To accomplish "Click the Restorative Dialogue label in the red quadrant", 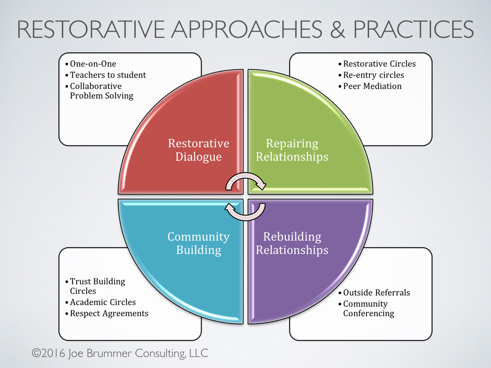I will click(199, 150).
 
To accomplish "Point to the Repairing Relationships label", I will click(292, 150).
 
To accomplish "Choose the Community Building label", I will click(199, 243).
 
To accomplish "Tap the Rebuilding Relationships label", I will click(292, 243).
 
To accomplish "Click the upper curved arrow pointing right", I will click(246, 181).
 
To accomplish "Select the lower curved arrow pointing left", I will click(245, 211).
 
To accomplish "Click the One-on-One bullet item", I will click(93, 64).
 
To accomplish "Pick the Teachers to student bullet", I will click(108, 75).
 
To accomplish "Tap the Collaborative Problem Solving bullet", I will click(101, 91).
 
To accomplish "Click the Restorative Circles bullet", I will click(379, 64).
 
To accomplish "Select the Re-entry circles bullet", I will click(374, 75).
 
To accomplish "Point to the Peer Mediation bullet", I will click(372, 86).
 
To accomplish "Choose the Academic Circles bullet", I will click(103, 302).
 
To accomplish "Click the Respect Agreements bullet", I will click(109, 313).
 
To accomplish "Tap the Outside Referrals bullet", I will click(376, 293).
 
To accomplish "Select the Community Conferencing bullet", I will click(368, 309).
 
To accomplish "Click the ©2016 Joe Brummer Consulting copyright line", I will click(120, 354).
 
